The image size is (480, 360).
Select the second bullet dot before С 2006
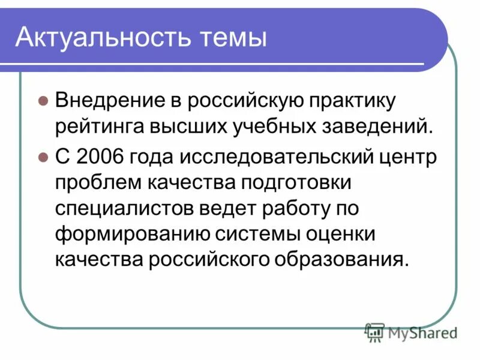coord(43,158)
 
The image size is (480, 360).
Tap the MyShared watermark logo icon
coord(374,332)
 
